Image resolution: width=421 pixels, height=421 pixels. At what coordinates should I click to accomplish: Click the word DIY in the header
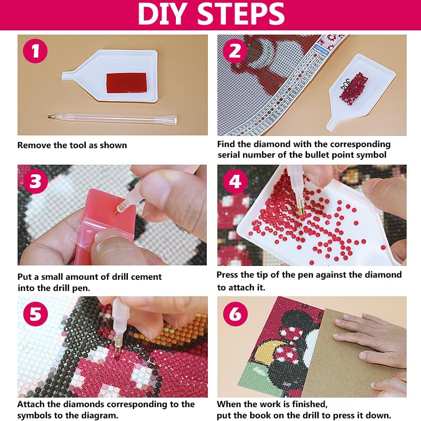click(x=161, y=14)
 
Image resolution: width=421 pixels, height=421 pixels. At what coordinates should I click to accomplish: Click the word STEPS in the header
click(x=242, y=14)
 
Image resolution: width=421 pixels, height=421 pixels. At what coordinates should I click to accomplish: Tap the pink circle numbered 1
click(x=35, y=51)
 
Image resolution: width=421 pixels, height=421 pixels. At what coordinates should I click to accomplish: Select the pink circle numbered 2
click(x=234, y=51)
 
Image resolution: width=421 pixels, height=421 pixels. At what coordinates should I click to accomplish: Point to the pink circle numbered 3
click(x=36, y=181)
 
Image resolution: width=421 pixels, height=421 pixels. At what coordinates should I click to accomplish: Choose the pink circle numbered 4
click(x=235, y=181)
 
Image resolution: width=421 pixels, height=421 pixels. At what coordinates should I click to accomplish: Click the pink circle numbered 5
click(x=36, y=314)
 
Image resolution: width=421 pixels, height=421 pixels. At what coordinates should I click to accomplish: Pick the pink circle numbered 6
click(x=235, y=314)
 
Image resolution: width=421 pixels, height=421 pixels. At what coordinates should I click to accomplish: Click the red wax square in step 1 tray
click(x=126, y=83)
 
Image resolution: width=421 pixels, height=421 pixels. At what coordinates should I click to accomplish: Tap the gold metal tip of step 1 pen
click(x=52, y=117)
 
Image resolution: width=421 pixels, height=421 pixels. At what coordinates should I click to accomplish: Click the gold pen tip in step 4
click(x=301, y=208)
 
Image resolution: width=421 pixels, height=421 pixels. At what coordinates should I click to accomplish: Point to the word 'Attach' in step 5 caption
click(x=31, y=404)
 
